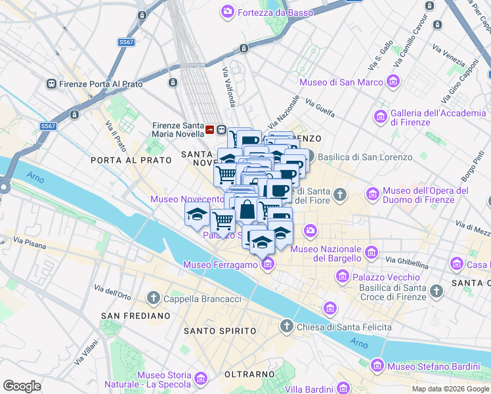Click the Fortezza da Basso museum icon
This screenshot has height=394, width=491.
[x=228, y=11]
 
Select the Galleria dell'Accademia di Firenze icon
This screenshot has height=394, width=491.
[x=380, y=117]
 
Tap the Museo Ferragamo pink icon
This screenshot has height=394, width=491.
[x=267, y=265]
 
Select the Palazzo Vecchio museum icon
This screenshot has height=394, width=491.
[x=342, y=277]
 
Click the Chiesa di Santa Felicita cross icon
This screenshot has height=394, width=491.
[x=286, y=326]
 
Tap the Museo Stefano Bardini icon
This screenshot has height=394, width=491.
[x=377, y=366]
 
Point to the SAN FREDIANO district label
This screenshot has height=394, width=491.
[x=136, y=316]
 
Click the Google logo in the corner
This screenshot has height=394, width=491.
[x=22, y=386]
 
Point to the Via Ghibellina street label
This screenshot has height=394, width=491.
[x=407, y=261]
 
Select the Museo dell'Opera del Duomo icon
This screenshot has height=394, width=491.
[x=373, y=194]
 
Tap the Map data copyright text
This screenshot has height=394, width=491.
[x=450, y=389]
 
